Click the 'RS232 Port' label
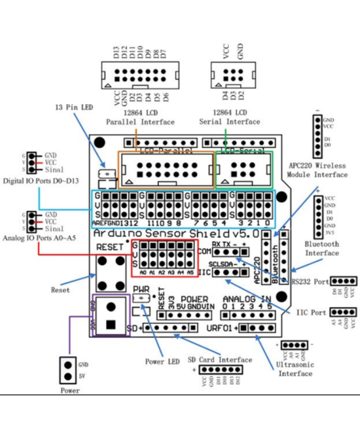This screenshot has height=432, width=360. [310, 282]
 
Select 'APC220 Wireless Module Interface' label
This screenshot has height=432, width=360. [317, 170]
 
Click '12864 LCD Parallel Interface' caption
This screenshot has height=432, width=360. [141, 117]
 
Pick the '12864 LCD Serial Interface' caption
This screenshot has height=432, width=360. [229, 117]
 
